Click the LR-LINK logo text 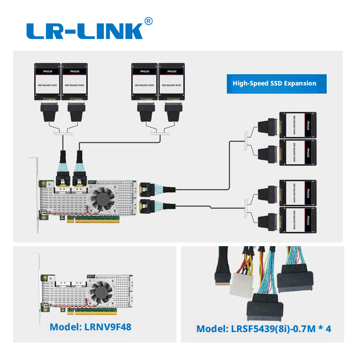(85, 31)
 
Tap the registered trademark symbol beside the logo (148, 21)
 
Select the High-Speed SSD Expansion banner (274, 83)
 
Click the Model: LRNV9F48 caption (90, 327)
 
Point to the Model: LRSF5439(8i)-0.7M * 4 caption (264, 328)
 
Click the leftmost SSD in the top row (47, 81)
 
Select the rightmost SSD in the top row (172, 81)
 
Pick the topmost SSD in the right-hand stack (298, 125)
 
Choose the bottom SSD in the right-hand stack (298, 220)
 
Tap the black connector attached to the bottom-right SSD (266, 219)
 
